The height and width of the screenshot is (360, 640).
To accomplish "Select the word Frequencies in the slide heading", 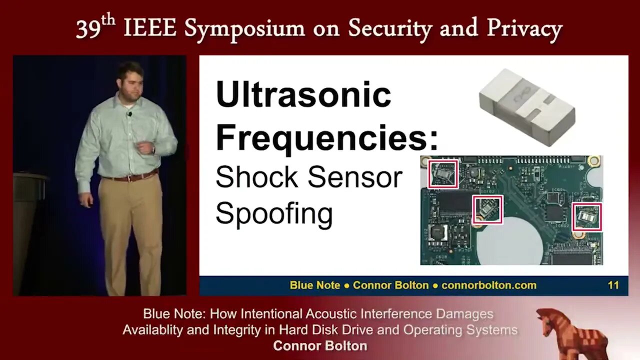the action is coord(323,139).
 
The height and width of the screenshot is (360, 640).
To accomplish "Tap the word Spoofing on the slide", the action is coord(274,214).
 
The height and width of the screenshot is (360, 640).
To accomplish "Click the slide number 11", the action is coord(613,285).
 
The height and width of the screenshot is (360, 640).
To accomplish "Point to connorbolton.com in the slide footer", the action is coord(489,285).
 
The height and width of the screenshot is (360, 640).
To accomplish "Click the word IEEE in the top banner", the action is coord(150,28).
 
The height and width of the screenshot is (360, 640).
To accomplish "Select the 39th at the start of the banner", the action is coord(95,27).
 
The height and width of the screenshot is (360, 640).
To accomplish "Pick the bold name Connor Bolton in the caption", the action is coord(320,346).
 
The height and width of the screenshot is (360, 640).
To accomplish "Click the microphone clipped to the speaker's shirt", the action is coord(129,114).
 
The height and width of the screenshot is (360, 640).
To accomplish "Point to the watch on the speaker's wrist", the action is coord(153,149).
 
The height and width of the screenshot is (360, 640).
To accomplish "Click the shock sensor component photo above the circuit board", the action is coord(527,107).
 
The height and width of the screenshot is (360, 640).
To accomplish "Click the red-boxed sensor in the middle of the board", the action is coord(487,209).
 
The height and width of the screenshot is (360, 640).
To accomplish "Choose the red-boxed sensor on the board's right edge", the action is coord(587,217).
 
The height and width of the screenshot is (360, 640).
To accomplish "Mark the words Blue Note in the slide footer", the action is coord(315,285).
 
